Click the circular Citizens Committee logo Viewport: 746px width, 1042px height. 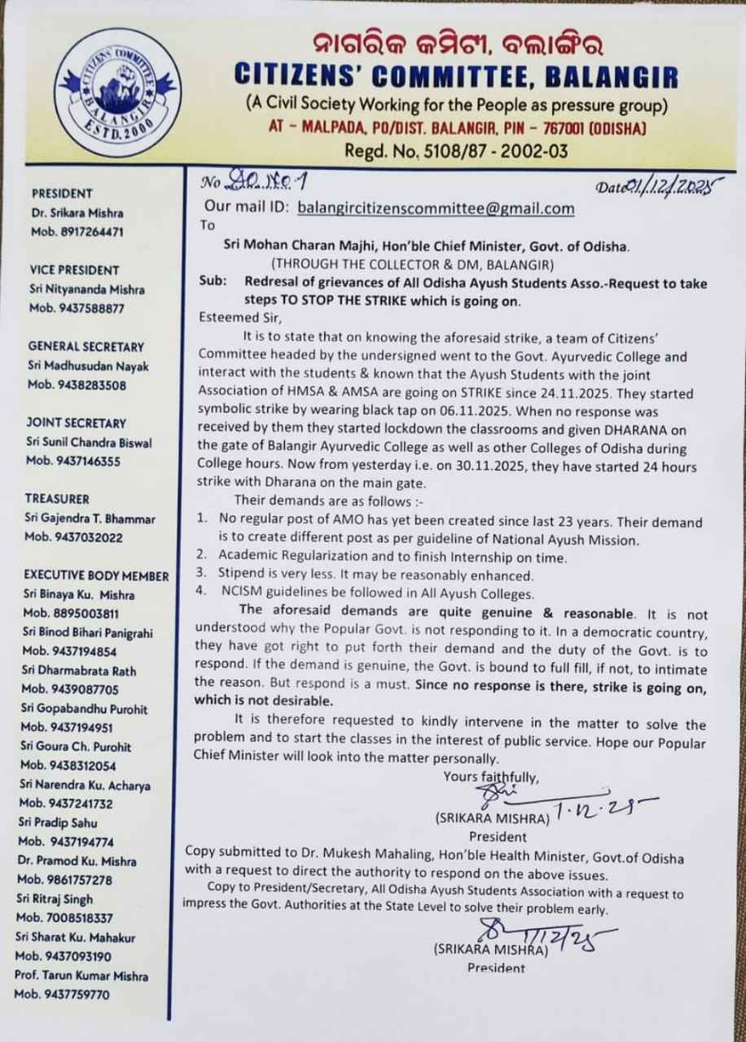point(120,92)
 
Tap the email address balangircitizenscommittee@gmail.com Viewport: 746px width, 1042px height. point(436,208)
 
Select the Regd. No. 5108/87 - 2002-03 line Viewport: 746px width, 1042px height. point(456,151)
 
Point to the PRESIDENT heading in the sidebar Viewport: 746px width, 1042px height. point(62,194)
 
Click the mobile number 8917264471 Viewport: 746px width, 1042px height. point(76,231)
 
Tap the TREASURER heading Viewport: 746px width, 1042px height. point(57,498)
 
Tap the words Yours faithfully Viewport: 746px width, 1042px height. point(491,777)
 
